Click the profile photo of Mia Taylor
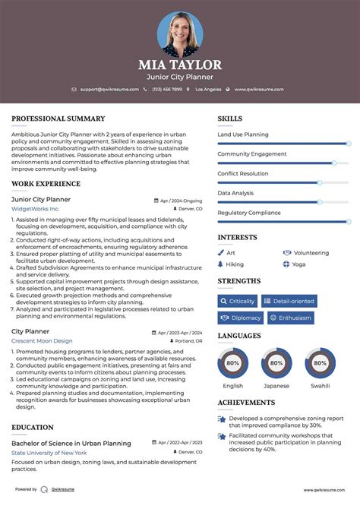click(180, 34)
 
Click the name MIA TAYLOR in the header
click(180, 65)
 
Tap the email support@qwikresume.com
click(109, 89)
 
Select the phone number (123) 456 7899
click(166, 89)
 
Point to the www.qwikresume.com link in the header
click(258, 89)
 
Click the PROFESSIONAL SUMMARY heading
click(58, 119)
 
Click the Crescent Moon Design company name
click(42, 341)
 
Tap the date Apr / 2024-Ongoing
click(181, 201)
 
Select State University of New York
click(49, 453)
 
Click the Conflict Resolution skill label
click(242, 173)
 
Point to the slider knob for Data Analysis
click(320, 202)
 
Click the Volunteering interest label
click(311, 253)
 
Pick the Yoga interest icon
click(286, 264)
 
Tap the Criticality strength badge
click(238, 301)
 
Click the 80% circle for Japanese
click(276, 363)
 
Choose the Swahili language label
click(320, 386)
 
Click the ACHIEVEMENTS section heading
click(246, 403)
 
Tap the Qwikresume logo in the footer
click(45, 490)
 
